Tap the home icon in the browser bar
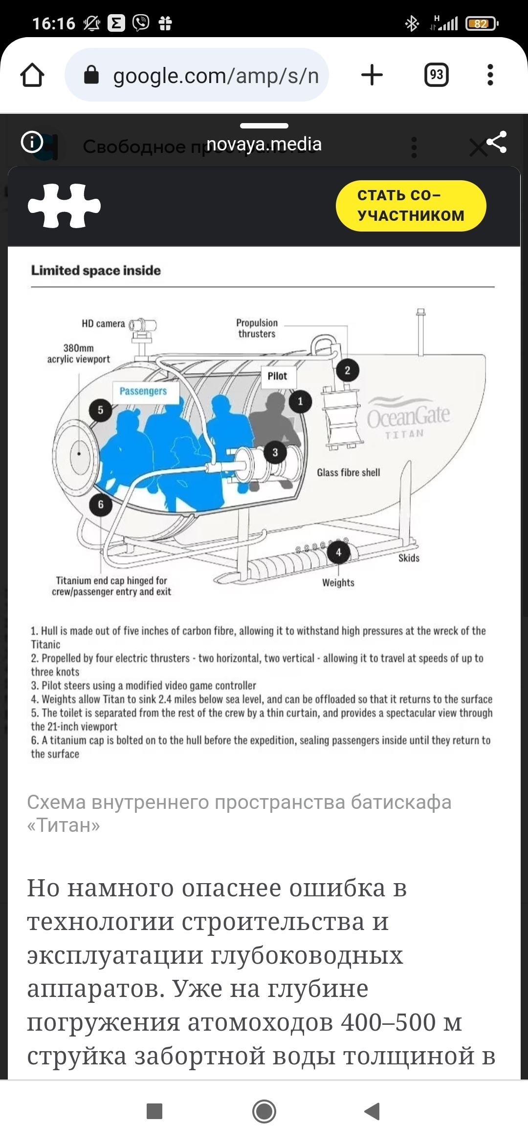(32, 75)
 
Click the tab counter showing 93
(436, 75)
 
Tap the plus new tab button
(372, 75)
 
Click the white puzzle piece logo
(64, 206)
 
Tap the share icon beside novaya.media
(497, 142)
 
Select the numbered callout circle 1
(300, 402)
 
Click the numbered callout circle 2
(347, 370)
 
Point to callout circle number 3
(275, 452)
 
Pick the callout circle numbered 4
(338, 553)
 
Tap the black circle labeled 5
(101, 410)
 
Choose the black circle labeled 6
(101, 504)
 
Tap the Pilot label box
(277, 376)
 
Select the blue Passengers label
(143, 391)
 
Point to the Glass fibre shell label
(348, 472)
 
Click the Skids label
(409, 558)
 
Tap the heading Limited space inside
(96, 271)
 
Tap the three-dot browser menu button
(490, 75)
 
